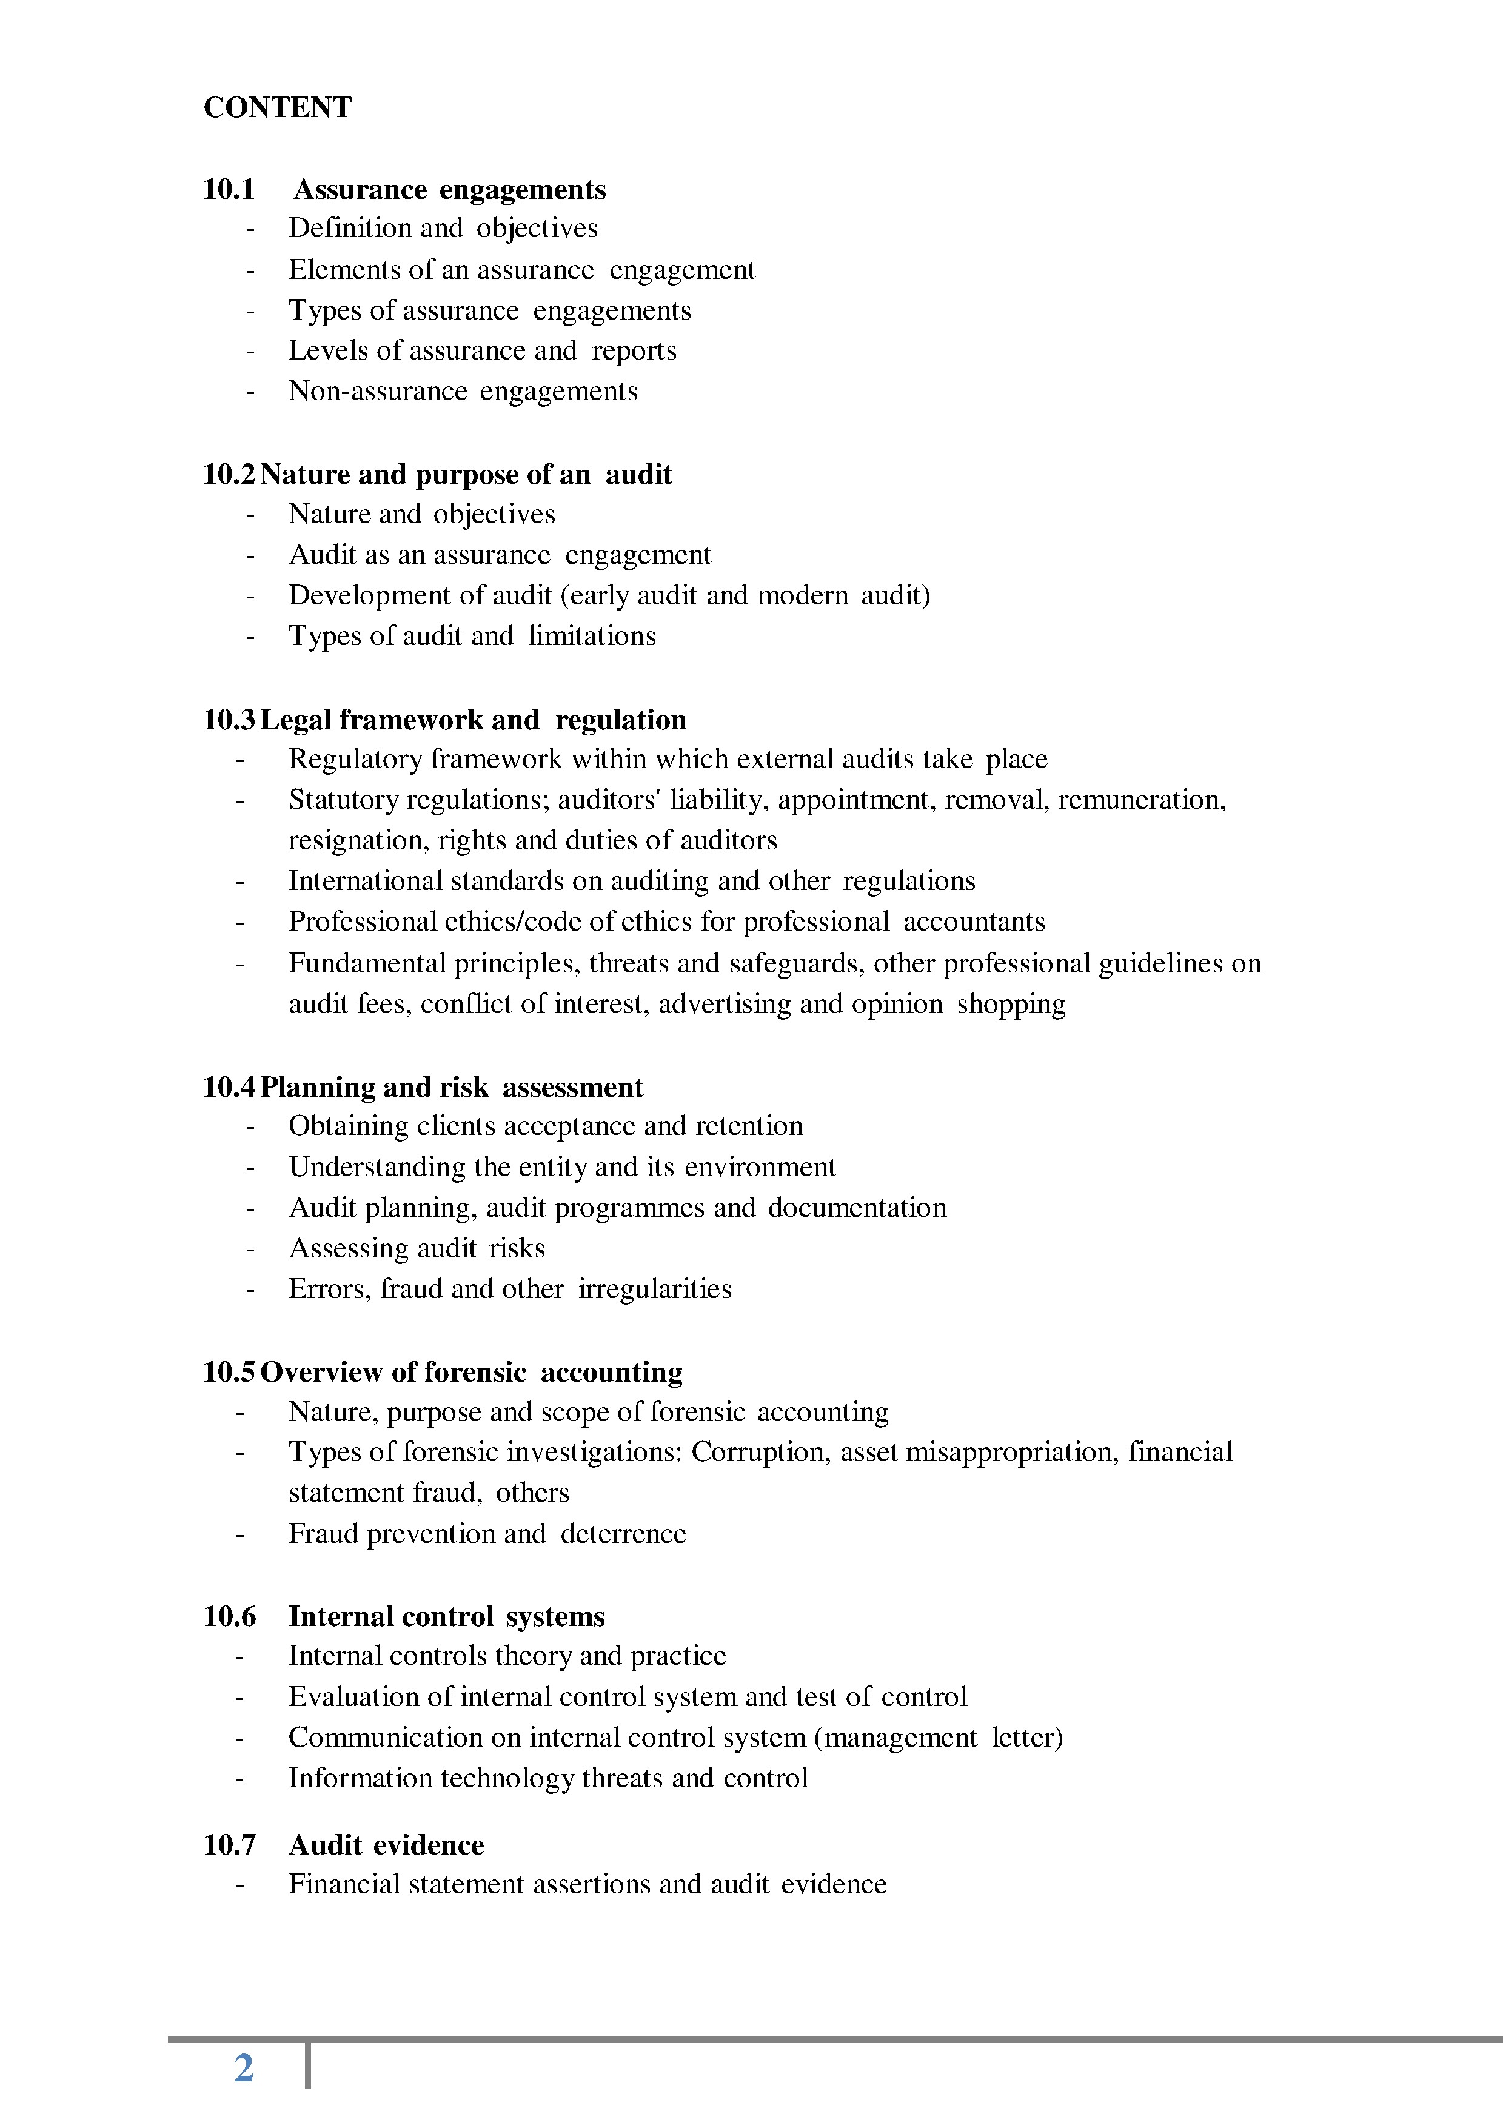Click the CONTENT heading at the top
[x=277, y=107]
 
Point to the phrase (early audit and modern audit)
[x=745, y=595]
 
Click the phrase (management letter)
[x=938, y=1737]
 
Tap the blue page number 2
[x=244, y=2068]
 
